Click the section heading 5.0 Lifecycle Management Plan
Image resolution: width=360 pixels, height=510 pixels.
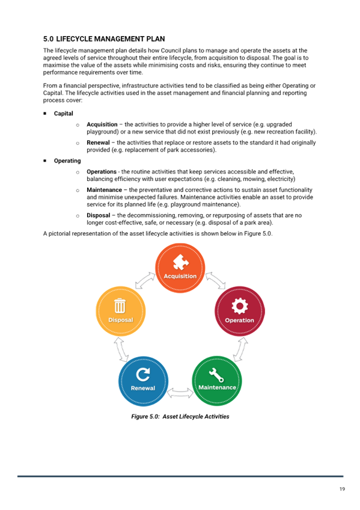pos(104,39)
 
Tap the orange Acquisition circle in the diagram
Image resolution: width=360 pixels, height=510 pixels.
pos(180,268)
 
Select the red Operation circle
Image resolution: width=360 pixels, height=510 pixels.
pos(240,312)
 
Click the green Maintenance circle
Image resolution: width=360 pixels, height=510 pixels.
pos(217,381)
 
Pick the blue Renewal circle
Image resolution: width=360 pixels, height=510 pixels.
pos(143,381)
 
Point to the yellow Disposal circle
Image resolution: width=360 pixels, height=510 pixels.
pos(121,312)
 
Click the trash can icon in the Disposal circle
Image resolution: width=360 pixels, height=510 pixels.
pos(120,306)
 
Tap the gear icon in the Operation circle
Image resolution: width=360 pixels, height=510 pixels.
pos(240,306)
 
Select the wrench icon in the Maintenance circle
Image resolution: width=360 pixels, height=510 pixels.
pos(216,375)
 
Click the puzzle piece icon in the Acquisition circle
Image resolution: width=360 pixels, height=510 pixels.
pos(181,262)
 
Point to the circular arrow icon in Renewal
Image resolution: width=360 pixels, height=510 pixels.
pos(143,374)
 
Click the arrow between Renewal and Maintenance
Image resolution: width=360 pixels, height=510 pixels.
pos(180,393)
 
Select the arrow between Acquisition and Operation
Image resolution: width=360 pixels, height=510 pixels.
pos(215,280)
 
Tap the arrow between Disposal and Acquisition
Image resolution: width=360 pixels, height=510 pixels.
pos(145,280)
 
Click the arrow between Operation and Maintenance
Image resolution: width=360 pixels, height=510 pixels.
pos(240,349)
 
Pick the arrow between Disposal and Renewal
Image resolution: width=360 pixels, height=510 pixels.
pos(121,349)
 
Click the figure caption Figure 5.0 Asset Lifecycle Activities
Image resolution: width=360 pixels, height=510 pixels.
pos(180,417)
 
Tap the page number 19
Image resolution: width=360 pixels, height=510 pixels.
pos(342,489)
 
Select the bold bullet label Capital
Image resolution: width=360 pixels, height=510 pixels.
pos(63,114)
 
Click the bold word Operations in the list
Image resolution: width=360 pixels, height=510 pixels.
pos(102,172)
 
